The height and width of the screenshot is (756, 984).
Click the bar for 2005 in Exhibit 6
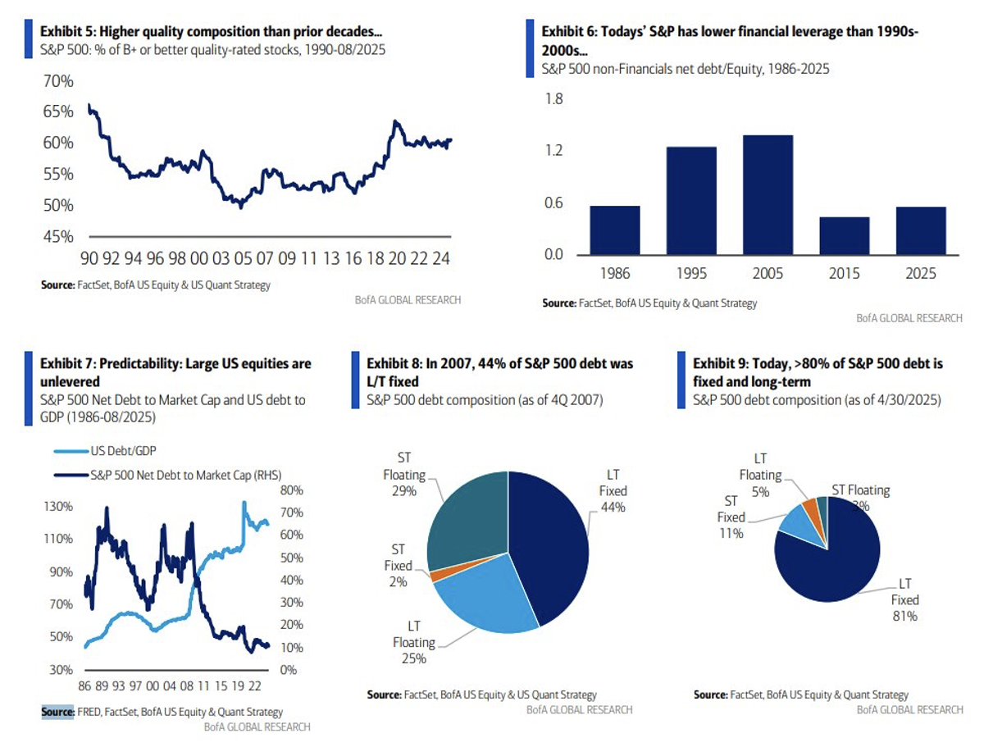tap(768, 194)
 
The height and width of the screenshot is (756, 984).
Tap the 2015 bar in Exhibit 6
tap(844, 235)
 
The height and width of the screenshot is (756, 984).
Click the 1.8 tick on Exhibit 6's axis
tap(553, 99)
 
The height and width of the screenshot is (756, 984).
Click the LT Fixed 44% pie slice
tap(549, 541)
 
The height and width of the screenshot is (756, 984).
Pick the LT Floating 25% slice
tap(484, 603)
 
